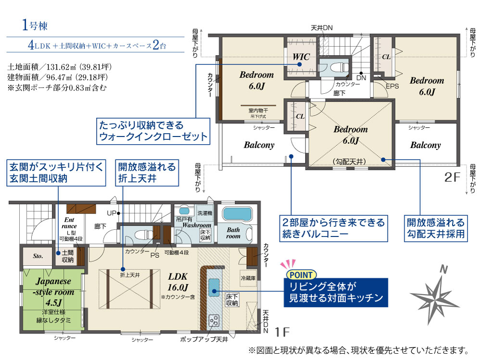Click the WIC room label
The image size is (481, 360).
point(301,57)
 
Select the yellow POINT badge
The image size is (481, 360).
point(301,275)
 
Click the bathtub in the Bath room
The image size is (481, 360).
point(237,213)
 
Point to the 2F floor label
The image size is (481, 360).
point(453,177)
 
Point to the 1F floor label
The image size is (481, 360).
point(282,332)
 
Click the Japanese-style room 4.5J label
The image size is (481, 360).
point(54,292)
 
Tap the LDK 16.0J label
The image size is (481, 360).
point(177,282)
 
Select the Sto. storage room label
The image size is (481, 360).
point(38,256)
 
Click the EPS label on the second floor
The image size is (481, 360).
point(392,86)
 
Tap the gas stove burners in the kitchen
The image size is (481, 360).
point(214,321)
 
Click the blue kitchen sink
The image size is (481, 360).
point(214,287)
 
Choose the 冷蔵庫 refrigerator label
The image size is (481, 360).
point(248,278)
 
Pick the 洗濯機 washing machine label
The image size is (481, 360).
point(204,213)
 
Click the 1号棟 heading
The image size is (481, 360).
point(35,25)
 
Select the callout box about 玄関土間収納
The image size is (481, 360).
point(56,173)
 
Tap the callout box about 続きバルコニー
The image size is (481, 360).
point(333,228)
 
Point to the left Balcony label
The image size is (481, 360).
point(259,145)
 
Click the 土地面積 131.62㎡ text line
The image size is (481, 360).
point(60,66)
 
